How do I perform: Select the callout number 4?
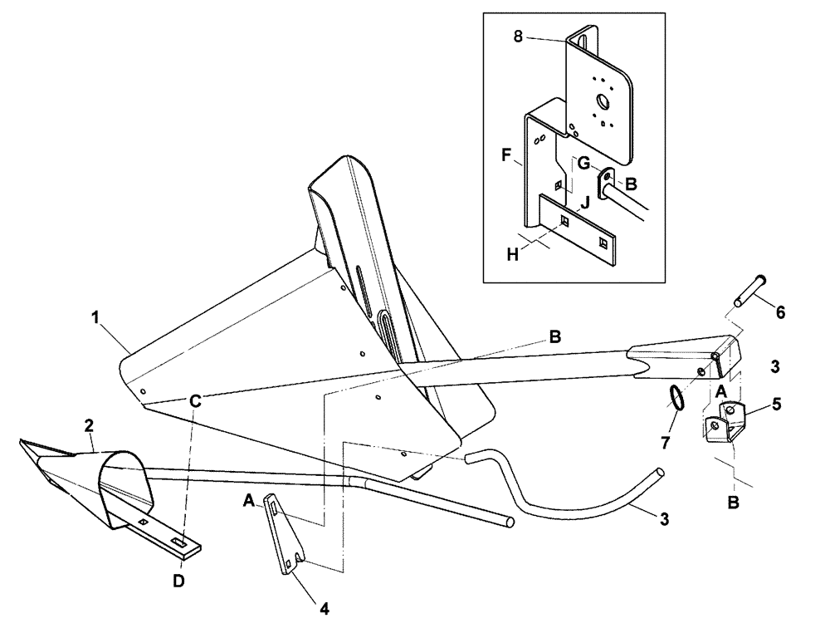point(325,609)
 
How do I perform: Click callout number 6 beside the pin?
point(779,313)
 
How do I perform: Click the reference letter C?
point(196,399)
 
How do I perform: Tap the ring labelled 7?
point(677,398)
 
